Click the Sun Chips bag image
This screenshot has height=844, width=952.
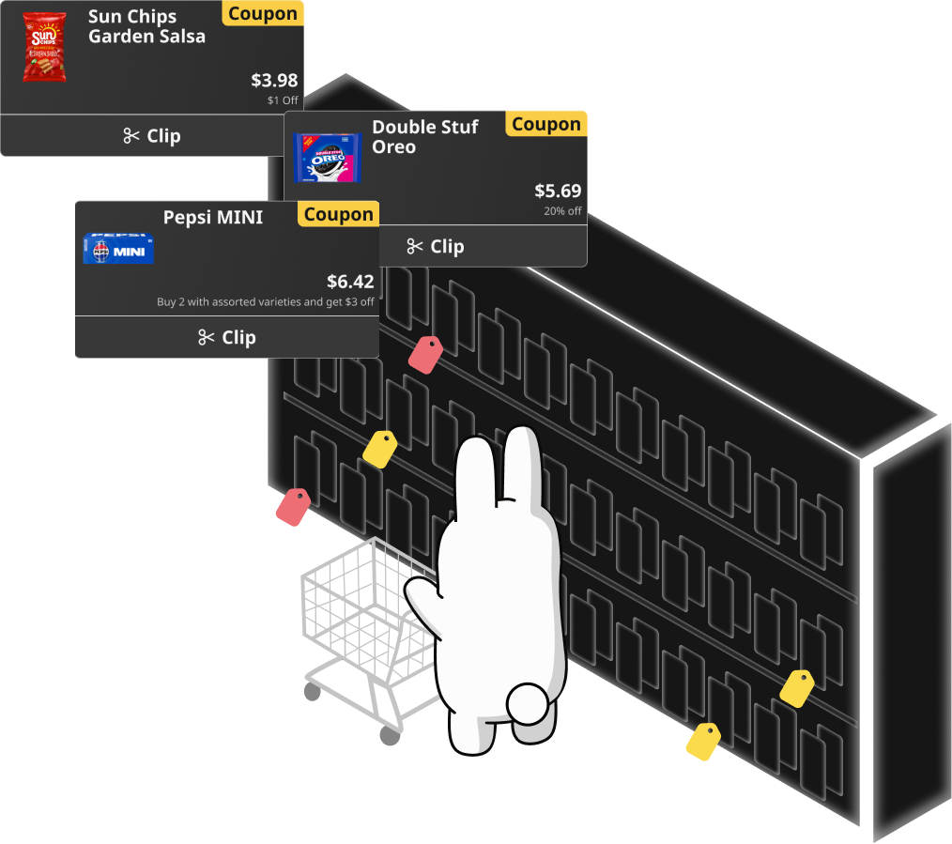pos(44,47)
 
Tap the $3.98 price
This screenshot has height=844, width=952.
pos(274,80)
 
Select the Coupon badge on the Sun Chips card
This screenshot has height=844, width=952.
pos(263,14)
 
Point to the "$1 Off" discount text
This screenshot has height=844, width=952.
pos(283,100)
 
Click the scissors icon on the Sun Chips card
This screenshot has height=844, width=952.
pos(131,135)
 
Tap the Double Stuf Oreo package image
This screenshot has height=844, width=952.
pos(328,158)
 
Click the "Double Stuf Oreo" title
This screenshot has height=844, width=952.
pos(425,137)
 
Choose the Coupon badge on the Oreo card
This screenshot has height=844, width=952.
pos(546,124)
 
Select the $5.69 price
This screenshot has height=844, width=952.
pos(558,191)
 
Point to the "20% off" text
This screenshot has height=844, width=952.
pos(562,210)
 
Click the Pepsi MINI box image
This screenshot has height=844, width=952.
pos(118,249)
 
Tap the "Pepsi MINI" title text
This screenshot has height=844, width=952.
pos(213,217)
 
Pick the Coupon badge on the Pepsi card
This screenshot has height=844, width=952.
pos(338,214)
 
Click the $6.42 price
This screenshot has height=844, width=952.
pos(350,282)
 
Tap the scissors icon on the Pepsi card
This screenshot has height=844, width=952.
pos(207,337)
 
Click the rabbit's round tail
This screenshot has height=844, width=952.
pos(527,703)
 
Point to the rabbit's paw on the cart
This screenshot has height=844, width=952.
pos(422,592)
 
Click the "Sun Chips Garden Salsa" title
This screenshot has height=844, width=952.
pos(146,26)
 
